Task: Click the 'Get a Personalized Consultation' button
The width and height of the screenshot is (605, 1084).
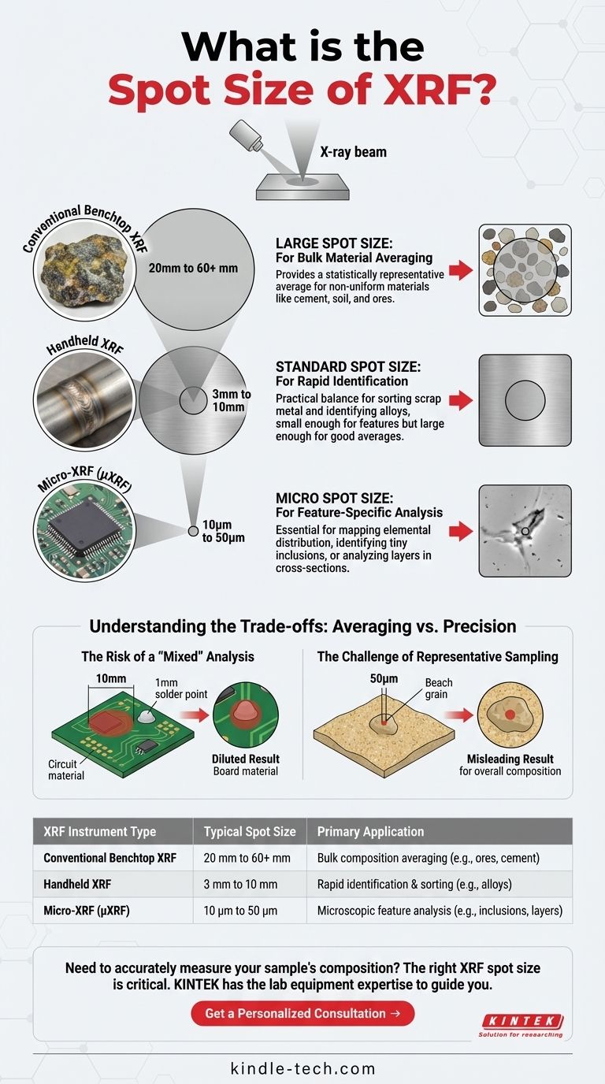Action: click(x=302, y=1013)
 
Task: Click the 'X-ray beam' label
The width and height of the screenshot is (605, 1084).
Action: click(x=354, y=152)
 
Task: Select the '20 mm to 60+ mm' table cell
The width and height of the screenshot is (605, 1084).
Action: click(x=247, y=858)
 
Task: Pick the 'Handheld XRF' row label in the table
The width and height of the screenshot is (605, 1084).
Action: click(x=77, y=884)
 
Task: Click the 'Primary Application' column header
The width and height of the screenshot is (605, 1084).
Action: click(x=370, y=831)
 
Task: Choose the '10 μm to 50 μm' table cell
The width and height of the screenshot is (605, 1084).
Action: click(x=240, y=911)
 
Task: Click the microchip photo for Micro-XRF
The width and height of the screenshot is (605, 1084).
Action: click(x=86, y=531)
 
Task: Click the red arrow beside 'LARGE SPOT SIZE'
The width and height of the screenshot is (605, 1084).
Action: click(x=461, y=270)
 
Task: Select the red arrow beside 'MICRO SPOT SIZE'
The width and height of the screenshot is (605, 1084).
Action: click(x=461, y=531)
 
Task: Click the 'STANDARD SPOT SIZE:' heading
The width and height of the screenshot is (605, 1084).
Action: click(x=348, y=367)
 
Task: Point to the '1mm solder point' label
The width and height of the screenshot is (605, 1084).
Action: click(x=181, y=689)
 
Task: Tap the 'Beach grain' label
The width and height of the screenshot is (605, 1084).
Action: click(x=439, y=689)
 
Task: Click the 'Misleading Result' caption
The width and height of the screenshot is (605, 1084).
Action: click(x=510, y=759)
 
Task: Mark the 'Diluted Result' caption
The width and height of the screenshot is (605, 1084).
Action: click(x=246, y=759)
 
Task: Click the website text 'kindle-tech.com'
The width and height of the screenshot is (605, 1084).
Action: click(x=303, y=1068)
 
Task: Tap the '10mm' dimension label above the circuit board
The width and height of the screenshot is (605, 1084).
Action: click(x=111, y=678)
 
